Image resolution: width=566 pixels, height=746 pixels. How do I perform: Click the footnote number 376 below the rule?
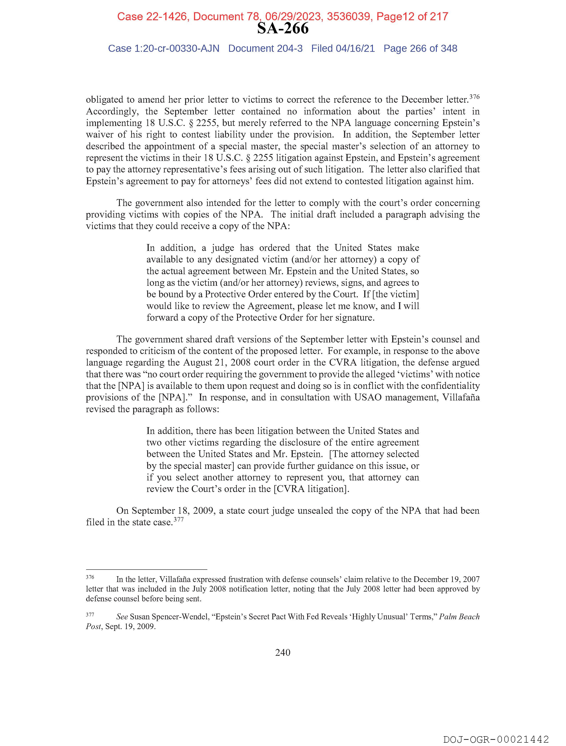90,577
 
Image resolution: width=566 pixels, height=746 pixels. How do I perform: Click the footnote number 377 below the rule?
90,614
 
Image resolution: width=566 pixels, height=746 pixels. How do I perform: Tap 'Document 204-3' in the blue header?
265,49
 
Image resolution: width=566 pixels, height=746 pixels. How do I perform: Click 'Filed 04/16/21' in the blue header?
343,49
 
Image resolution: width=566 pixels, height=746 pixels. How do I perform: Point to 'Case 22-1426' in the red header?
152,16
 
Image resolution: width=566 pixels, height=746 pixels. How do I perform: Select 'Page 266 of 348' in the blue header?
420,49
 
